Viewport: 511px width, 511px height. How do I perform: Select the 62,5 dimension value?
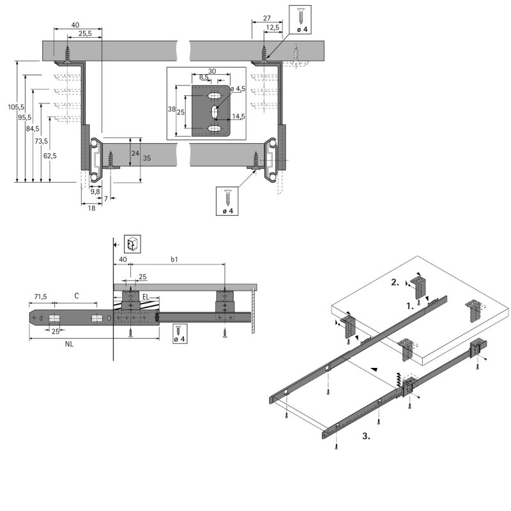[50, 155]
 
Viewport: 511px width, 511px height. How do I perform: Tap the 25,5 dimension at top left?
[84, 33]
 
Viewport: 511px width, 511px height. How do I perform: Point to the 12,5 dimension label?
[273, 27]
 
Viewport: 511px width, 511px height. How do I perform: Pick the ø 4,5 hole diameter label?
[238, 88]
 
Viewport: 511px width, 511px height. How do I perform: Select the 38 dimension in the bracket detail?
[171, 109]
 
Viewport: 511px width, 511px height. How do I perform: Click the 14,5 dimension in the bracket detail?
[239, 116]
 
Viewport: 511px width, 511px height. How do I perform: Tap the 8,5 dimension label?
[203, 77]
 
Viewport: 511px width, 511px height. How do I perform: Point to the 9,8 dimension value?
[95, 191]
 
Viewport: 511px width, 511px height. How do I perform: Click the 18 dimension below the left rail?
[92, 208]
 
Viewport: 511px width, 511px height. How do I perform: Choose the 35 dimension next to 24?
[146, 158]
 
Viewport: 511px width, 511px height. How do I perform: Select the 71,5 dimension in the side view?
[41, 297]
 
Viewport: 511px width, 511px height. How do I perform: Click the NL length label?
[68, 344]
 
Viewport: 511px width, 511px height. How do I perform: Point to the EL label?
[146, 297]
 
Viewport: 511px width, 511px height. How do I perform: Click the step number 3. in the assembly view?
[367, 437]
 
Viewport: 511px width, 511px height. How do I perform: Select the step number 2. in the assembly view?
[396, 282]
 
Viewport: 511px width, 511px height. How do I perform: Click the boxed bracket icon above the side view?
[132, 243]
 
